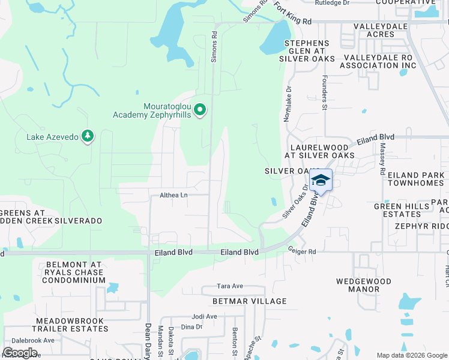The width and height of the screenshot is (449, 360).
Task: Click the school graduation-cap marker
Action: [x=321, y=181]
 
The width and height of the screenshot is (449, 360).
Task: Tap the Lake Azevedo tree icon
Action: [x=88, y=136]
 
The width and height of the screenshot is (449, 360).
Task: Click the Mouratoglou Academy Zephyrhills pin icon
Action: [x=201, y=110]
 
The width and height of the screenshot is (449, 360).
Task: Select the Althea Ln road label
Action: [x=174, y=195]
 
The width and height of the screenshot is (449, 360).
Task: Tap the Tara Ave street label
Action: [x=229, y=286]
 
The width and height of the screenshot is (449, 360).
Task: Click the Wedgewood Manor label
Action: [x=363, y=285]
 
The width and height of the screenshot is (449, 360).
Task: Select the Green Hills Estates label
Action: [x=402, y=210]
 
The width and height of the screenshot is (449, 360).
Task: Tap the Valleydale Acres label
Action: [x=382, y=31]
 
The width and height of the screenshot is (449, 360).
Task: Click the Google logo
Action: [x=20, y=352]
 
